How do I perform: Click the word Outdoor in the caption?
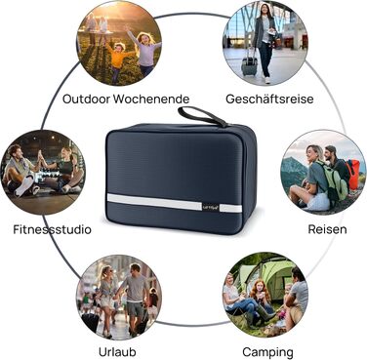[86, 99]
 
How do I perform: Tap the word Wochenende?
[151, 99]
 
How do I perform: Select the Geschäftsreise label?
[269, 99]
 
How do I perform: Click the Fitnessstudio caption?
[52, 229]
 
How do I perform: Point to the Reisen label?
[327, 229]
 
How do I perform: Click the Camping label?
[267, 352]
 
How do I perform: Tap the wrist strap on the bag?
[202, 116]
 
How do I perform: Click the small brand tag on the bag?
[211, 207]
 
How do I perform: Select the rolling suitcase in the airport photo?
[250, 63]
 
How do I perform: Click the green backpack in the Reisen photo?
[331, 180]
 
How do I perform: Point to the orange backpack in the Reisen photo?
[353, 174]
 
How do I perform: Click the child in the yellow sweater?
[117, 61]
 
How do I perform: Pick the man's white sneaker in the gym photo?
[25, 185]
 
